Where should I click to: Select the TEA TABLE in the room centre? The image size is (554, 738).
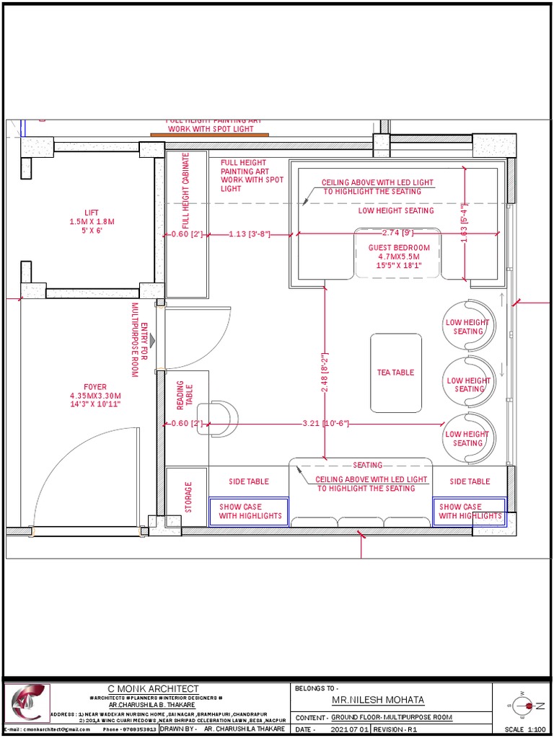pyautogui.click(x=396, y=373)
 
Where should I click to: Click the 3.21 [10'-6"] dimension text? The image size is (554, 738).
pyautogui.click(x=325, y=423)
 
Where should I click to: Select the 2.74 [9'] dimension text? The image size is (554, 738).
pyautogui.click(x=397, y=234)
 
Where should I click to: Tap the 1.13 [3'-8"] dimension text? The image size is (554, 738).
pyautogui.click(x=249, y=234)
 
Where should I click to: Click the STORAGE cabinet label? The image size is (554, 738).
pyautogui.click(x=188, y=498)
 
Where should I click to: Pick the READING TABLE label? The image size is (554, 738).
pyautogui.click(x=185, y=396)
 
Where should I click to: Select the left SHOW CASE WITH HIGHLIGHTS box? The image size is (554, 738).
pyautogui.click(x=250, y=512)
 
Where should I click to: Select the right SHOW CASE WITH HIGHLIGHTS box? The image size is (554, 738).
pyautogui.click(x=469, y=511)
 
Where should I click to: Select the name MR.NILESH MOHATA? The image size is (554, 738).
pyautogui.click(x=378, y=700)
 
